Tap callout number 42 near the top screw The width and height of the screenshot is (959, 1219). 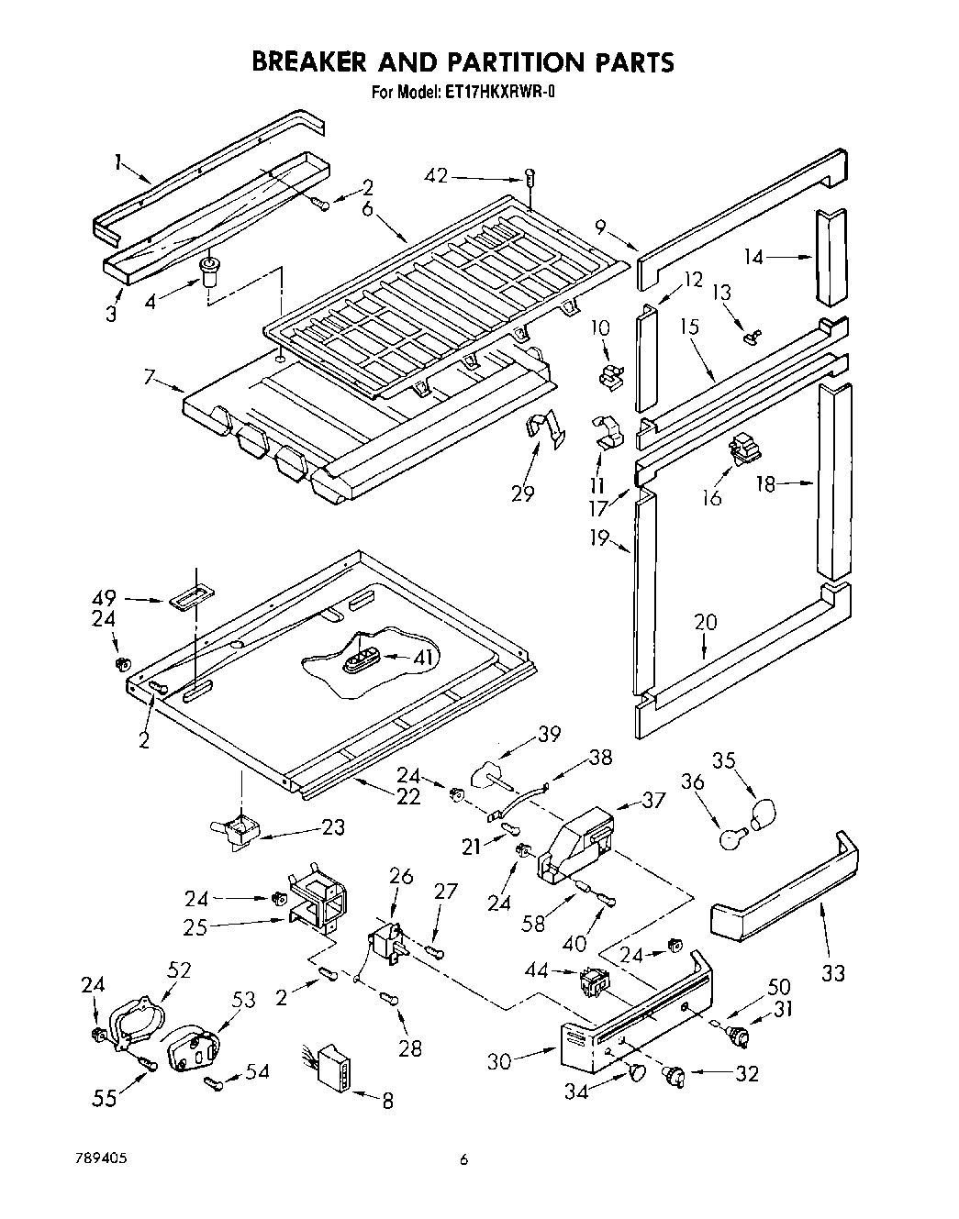[x=438, y=175]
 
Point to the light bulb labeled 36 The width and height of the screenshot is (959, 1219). [x=730, y=837]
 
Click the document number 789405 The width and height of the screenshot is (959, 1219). [x=101, y=1158]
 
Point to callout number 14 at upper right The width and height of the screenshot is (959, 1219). [x=753, y=258]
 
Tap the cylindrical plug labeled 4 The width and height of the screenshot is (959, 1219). [x=211, y=272]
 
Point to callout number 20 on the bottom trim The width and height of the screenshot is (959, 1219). [x=705, y=622]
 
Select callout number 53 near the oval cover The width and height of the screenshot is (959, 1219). [x=244, y=999]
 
